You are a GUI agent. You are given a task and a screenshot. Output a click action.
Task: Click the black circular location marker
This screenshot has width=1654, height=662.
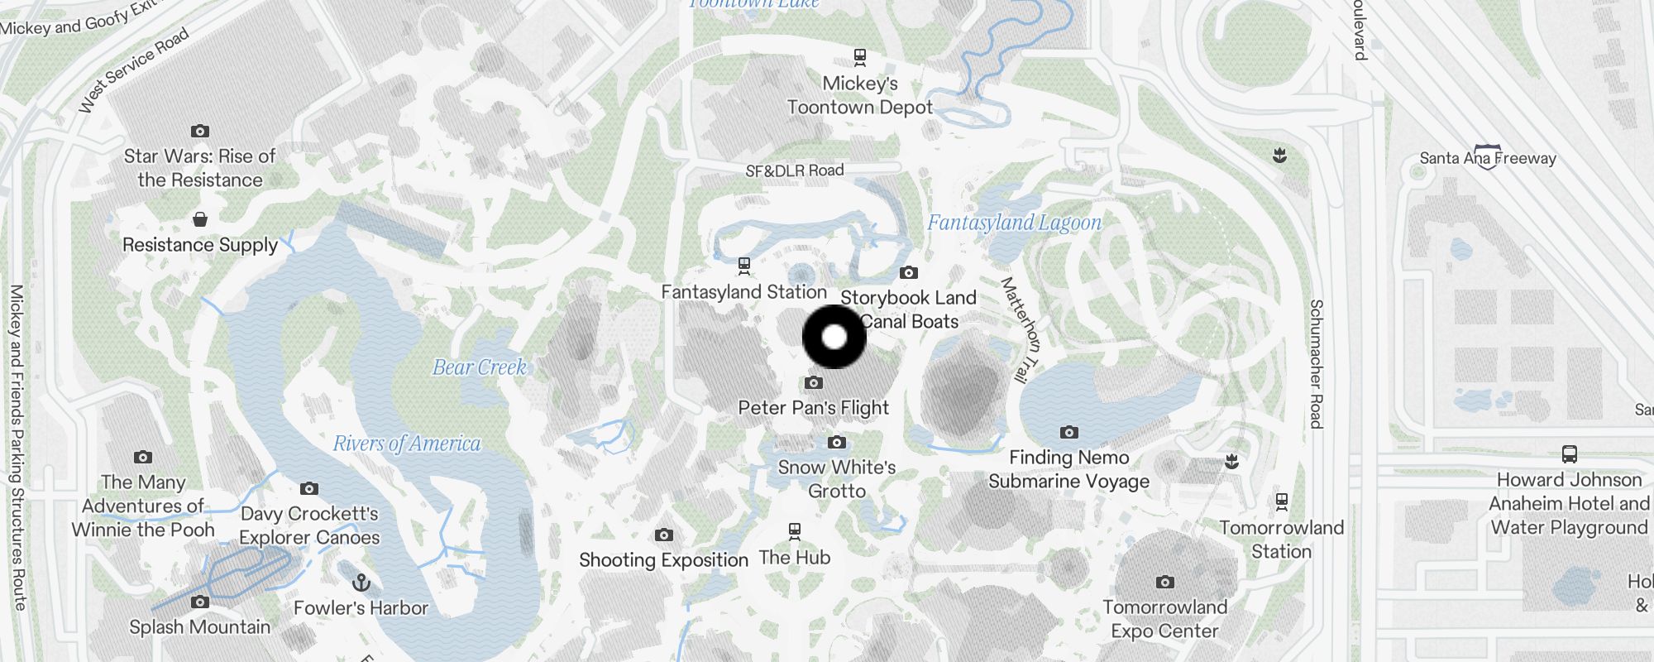pyautogui.click(x=834, y=337)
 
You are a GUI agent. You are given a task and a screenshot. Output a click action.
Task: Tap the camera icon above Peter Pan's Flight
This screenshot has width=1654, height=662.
pyautogui.click(x=814, y=383)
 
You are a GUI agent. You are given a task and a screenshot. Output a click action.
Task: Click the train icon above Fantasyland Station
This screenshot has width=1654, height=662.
pyautogui.click(x=744, y=266)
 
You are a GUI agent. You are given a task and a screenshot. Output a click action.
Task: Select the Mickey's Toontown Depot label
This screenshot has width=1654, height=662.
pyautogui.click(x=860, y=95)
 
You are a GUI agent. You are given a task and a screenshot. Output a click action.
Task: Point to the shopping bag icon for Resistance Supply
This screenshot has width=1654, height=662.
pyautogui.click(x=200, y=219)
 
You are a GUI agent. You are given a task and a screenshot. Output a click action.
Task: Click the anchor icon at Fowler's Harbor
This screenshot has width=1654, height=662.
pyautogui.click(x=361, y=583)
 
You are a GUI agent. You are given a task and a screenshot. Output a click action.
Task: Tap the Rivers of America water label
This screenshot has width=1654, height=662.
pyautogui.click(x=406, y=444)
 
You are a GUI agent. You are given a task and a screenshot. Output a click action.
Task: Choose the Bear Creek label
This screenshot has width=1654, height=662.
pyautogui.click(x=480, y=367)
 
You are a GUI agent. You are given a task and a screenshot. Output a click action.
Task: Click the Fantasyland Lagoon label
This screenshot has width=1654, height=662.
pyautogui.click(x=1014, y=223)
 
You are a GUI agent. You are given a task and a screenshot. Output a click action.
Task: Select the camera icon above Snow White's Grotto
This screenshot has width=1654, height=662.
pyautogui.click(x=837, y=443)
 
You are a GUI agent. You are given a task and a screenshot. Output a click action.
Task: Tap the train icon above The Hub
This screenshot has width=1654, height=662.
pyautogui.click(x=795, y=530)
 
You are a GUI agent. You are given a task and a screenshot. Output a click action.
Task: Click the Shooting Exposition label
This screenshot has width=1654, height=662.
pyautogui.click(x=663, y=560)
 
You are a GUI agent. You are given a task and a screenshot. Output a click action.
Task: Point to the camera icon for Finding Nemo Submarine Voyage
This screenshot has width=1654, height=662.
pyautogui.click(x=1069, y=432)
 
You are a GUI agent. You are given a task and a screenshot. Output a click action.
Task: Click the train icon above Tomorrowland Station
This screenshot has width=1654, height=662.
pyautogui.click(x=1282, y=501)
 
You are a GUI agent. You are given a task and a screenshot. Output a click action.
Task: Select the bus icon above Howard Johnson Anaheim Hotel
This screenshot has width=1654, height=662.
pyautogui.click(x=1569, y=454)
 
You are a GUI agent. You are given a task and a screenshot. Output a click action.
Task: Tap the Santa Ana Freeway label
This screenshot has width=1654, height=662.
pyautogui.click(x=1488, y=158)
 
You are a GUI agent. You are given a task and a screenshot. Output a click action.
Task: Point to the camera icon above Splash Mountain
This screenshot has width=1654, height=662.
pyautogui.click(x=200, y=602)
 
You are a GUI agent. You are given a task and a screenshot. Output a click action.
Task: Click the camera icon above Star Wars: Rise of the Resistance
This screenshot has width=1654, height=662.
pyautogui.click(x=200, y=131)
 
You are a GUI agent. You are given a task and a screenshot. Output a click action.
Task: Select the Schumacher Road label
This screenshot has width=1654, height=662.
pyautogui.click(x=1316, y=364)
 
